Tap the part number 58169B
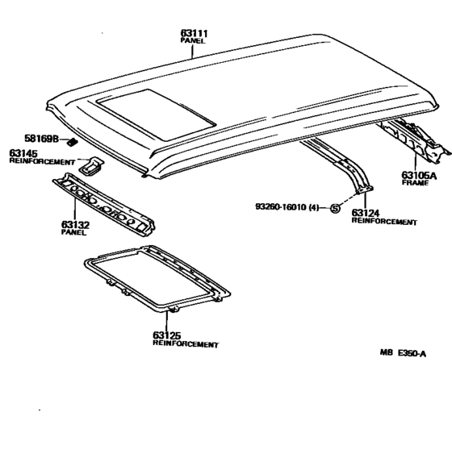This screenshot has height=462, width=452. point(40,139)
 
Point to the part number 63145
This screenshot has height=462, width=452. point(25,153)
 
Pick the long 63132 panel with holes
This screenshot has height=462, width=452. point(103,205)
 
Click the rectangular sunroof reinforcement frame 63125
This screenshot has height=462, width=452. point(157,279)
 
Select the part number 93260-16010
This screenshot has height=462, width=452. point(282,207)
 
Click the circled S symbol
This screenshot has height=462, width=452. point(335,209)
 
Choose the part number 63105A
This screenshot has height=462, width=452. point(419,174)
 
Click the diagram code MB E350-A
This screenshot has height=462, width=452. point(403,352)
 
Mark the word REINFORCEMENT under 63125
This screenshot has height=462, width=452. point(186,344)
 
